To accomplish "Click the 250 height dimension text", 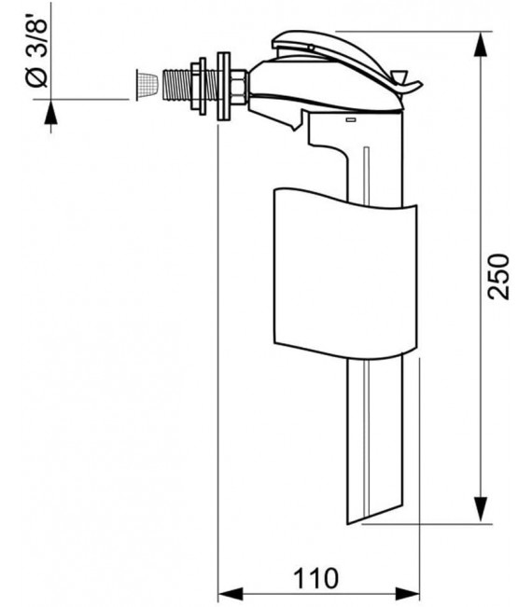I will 501,276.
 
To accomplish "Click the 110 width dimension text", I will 315,577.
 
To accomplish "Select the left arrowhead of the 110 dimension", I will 228,592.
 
